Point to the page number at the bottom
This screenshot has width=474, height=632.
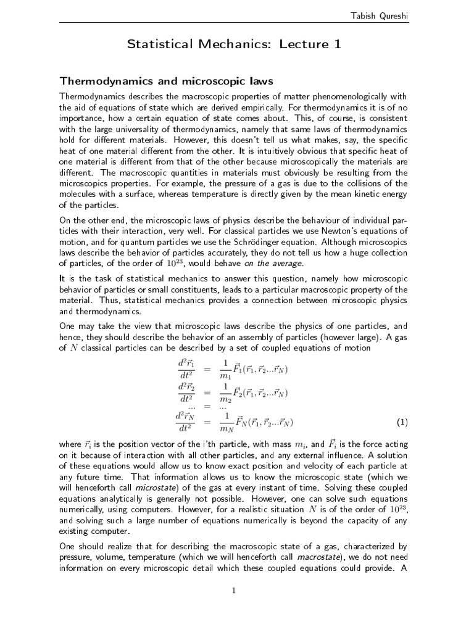pos(234,591)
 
